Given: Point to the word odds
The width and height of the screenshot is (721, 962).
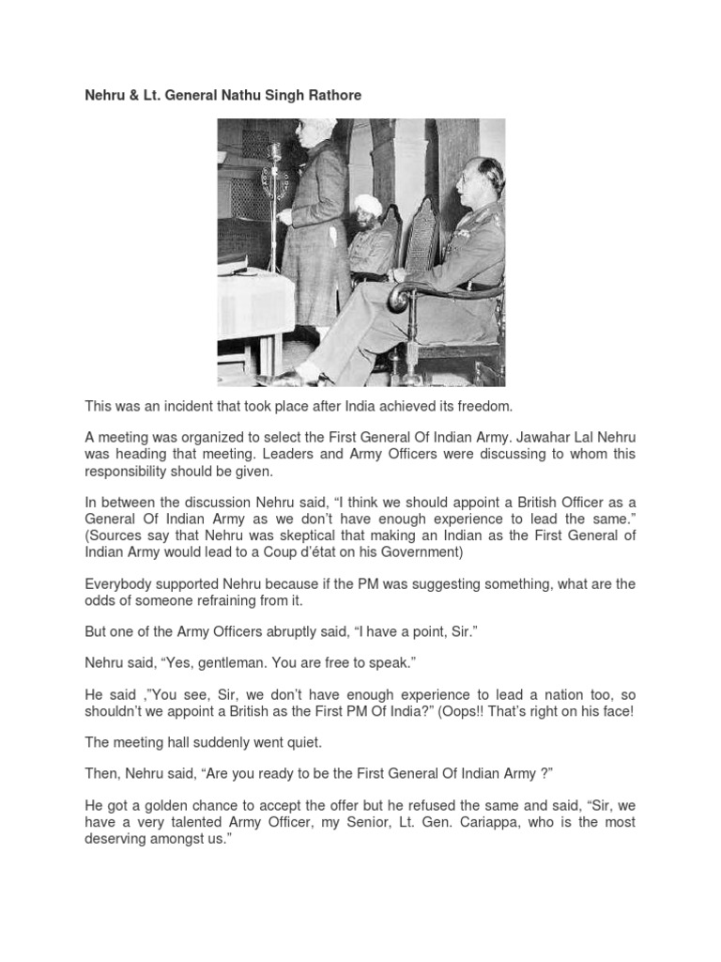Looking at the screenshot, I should pyautogui.click(x=101, y=601).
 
